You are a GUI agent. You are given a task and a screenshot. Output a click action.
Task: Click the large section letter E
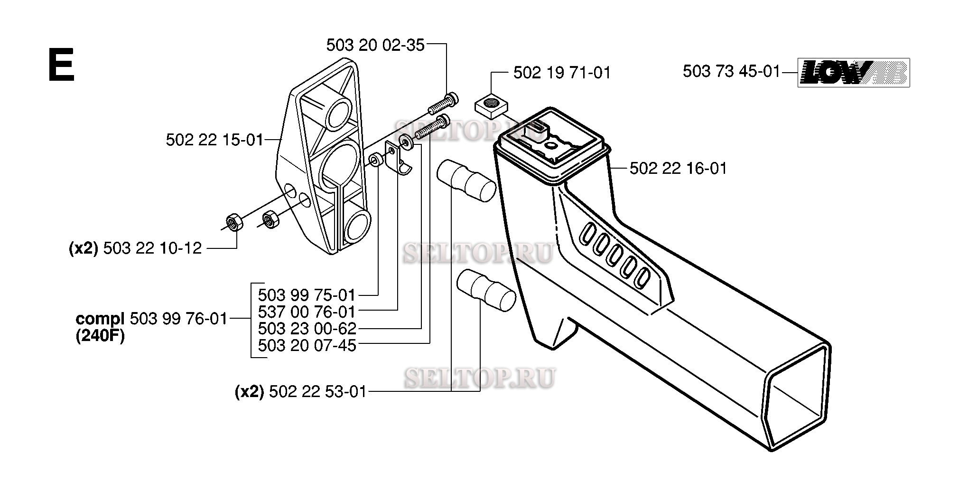pyautogui.click(x=61, y=66)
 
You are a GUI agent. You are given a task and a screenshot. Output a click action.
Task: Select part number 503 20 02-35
pyautogui.click(x=375, y=45)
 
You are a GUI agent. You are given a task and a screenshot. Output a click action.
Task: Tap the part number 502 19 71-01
pyautogui.click(x=562, y=73)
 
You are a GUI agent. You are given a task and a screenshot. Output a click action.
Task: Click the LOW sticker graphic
pyautogui.click(x=853, y=72)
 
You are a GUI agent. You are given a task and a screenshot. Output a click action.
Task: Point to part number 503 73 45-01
pyautogui.click(x=731, y=71)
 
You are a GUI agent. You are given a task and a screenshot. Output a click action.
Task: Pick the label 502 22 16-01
pyautogui.click(x=679, y=169)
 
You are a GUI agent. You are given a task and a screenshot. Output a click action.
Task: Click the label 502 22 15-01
pyautogui.click(x=214, y=140)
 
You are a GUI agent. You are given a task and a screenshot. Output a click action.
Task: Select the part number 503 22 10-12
pyautogui.click(x=152, y=248)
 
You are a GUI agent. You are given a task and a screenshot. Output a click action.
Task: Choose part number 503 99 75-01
pyautogui.click(x=307, y=295)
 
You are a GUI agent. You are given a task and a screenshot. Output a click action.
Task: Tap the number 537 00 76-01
pyautogui.click(x=307, y=312)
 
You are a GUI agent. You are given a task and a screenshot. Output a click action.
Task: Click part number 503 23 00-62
pyautogui.click(x=307, y=329)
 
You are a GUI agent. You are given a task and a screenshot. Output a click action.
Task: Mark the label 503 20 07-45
pyautogui.click(x=307, y=345)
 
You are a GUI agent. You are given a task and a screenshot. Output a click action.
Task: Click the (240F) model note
pyautogui.click(x=100, y=336)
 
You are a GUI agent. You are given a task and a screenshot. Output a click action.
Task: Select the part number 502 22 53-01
pyautogui.click(x=317, y=392)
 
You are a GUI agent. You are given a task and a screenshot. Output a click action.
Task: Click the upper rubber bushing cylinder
pyautogui.click(x=466, y=181)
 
